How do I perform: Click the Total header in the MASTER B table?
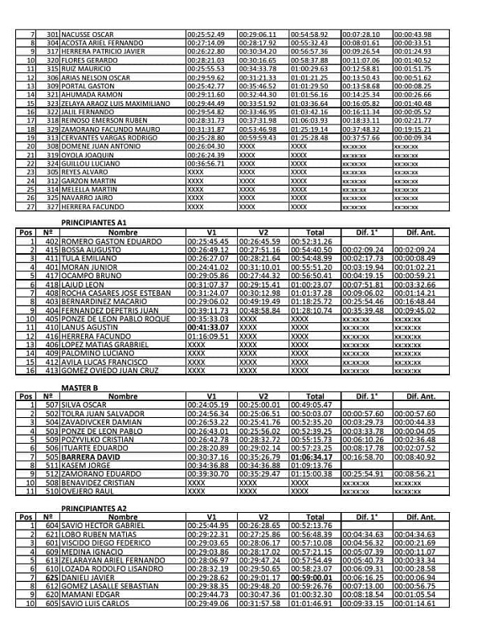tap(315, 396)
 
